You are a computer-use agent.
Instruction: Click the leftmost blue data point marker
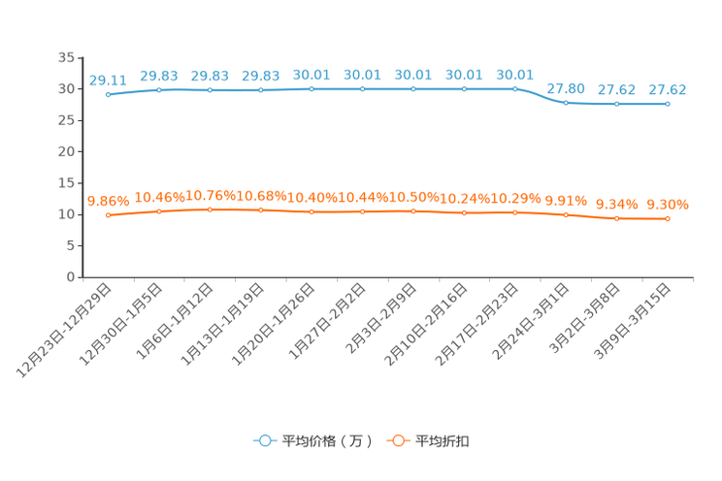pyautogui.click(x=108, y=94)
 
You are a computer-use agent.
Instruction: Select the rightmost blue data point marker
pyautogui.click(x=668, y=103)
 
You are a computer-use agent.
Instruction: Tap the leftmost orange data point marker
pyautogui.click(x=108, y=214)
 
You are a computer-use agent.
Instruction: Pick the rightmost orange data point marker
pyautogui.click(x=668, y=219)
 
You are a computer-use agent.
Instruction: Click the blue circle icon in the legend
pyautogui.click(x=263, y=440)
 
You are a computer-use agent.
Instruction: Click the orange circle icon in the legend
pyautogui.click(x=397, y=440)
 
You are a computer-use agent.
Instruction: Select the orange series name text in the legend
pyautogui.click(x=443, y=441)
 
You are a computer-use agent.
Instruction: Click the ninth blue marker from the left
pyautogui.click(x=515, y=89)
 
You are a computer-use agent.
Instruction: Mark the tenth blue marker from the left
pyautogui.click(x=566, y=102)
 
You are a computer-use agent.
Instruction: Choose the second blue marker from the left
pyautogui.click(x=159, y=90)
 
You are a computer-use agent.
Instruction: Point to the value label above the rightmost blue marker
pyautogui.click(x=668, y=89)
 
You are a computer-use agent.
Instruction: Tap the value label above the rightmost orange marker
pyautogui.click(x=668, y=205)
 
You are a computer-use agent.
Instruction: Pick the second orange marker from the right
pyautogui.click(x=617, y=219)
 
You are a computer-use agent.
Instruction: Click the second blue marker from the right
pyautogui.click(x=617, y=103)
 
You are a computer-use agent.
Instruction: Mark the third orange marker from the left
pyautogui.click(x=210, y=209)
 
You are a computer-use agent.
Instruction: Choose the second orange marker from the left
pyautogui.click(x=159, y=211)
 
